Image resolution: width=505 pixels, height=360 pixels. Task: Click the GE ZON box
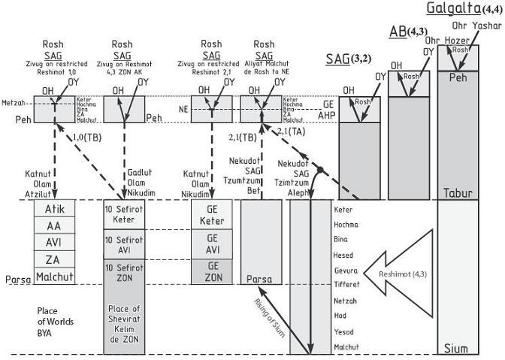click(x=213, y=271)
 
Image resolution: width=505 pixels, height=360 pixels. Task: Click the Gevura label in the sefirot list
click(x=345, y=270)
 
